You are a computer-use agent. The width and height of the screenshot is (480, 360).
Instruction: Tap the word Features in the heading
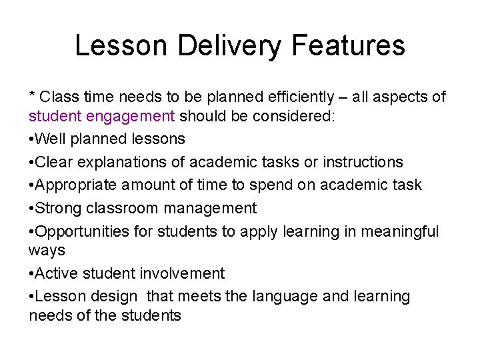[350, 46]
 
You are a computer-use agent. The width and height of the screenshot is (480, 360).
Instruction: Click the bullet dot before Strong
[31, 208]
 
